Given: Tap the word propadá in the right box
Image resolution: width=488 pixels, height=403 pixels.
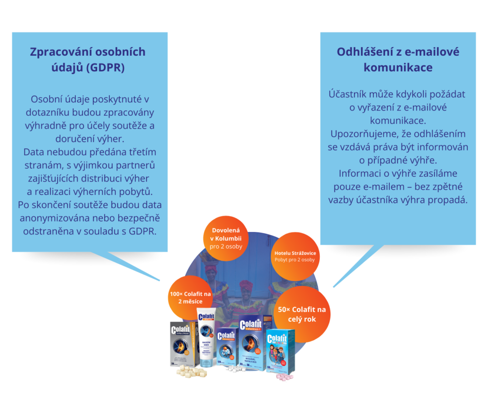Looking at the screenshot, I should [x=449, y=200].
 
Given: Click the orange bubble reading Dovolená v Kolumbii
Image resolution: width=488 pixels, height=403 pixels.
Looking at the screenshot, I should [x=226, y=238].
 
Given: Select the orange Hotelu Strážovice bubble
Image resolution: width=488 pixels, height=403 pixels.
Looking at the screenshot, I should [x=295, y=256].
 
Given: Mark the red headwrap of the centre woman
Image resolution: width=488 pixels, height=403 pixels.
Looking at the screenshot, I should [x=246, y=285].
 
